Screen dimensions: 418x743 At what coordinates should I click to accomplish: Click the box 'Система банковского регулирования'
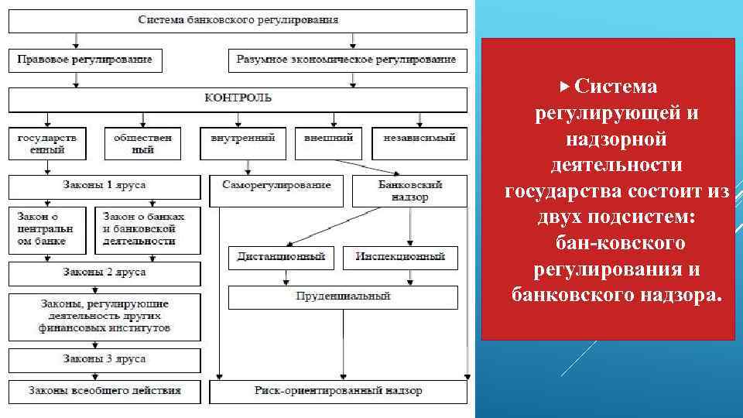[x=238, y=20]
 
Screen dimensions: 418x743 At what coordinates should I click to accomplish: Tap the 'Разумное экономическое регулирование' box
[x=348, y=60]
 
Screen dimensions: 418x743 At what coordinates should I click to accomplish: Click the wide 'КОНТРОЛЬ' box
[x=238, y=99]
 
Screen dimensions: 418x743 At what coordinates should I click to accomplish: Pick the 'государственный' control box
[x=47, y=143]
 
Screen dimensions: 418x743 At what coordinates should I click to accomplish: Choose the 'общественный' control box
[x=142, y=143]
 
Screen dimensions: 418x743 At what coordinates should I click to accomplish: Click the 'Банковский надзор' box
[x=409, y=190]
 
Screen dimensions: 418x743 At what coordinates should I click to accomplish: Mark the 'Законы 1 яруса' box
[x=104, y=186]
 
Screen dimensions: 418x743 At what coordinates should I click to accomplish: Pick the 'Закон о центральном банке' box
[x=48, y=229]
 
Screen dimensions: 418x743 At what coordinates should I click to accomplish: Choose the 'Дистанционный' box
[x=281, y=257]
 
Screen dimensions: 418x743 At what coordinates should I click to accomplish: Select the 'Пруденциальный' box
[x=343, y=297]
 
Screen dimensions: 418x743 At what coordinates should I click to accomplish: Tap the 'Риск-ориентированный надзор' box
[x=338, y=392]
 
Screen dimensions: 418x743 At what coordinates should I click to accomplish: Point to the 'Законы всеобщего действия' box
[x=104, y=392]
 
